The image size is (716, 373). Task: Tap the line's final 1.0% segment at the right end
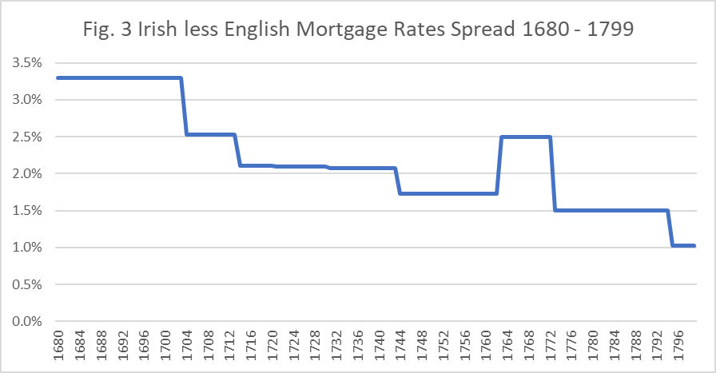[683, 246]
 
